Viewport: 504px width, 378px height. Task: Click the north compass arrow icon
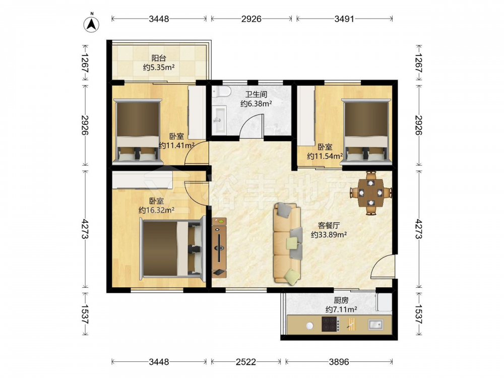click(x=92, y=24)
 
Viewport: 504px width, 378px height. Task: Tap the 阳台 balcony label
click(x=159, y=58)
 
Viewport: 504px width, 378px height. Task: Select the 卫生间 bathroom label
click(x=256, y=95)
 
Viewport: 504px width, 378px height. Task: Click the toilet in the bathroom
click(x=221, y=91)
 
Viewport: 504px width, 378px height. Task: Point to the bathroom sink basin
click(x=220, y=120)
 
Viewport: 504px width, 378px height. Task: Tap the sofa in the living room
click(x=288, y=243)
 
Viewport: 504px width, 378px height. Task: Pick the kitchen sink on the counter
click(x=375, y=325)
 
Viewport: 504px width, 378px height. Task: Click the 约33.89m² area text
click(x=329, y=235)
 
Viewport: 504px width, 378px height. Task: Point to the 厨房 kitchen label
click(x=341, y=300)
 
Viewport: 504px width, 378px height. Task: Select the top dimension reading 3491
click(x=344, y=19)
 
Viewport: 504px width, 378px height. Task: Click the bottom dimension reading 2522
click(x=245, y=362)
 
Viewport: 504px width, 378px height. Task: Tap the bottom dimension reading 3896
click(x=339, y=362)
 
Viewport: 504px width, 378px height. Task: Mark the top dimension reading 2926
click(x=251, y=19)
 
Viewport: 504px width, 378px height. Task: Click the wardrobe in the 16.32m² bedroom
click(x=143, y=180)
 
